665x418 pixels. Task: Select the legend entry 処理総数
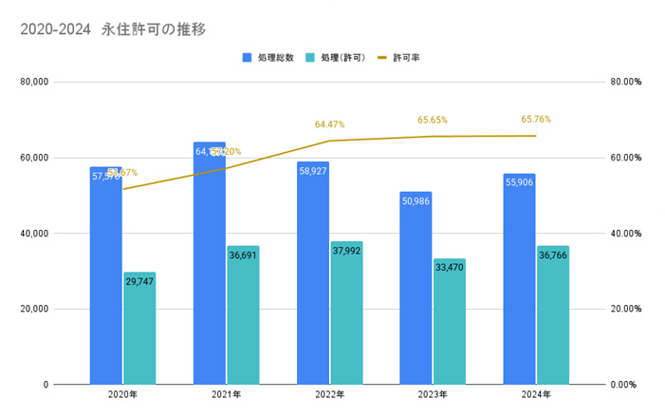click(274, 58)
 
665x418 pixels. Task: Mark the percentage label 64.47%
click(329, 124)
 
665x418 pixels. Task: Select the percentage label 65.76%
click(536, 120)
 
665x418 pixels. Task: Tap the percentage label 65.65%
click(433, 121)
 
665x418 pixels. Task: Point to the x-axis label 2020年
click(122, 394)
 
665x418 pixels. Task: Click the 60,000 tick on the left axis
click(34, 158)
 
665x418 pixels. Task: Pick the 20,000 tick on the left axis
click(34, 309)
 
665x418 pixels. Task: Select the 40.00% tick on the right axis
click(625, 233)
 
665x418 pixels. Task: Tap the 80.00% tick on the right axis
click(625, 83)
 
